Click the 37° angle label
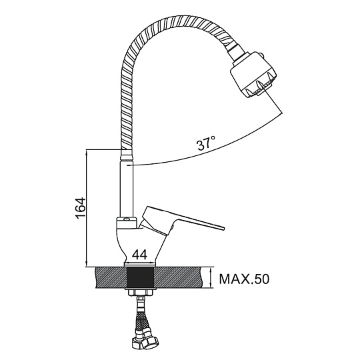pos(206,143)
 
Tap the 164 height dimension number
pos(81,208)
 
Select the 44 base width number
pos(140,255)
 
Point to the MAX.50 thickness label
pos(244,279)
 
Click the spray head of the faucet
pos(254,74)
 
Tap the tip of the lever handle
pos(222,227)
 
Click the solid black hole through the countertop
pos(140,277)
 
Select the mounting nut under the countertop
pos(140,292)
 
